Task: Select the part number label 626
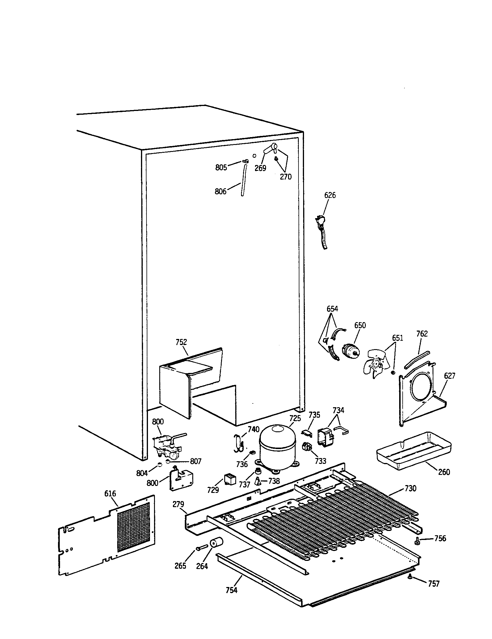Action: coord(330,195)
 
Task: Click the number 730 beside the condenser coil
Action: coord(410,488)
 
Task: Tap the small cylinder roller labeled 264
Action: coord(216,543)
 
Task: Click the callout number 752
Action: coord(181,342)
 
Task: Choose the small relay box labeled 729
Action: coord(230,480)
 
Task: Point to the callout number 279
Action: coord(178,504)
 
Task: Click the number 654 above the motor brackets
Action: coord(332,309)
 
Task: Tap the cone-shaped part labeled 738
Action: coord(258,481)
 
